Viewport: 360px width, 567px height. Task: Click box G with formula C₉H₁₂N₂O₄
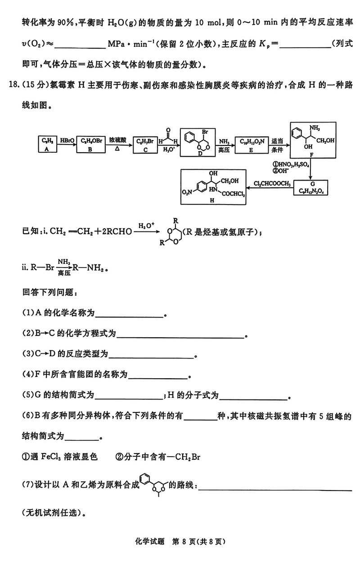[x=311, y=188]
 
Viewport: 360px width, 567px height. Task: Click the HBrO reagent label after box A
[x=67, y=140]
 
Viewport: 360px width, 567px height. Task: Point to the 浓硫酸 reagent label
[x=120, y=139]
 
